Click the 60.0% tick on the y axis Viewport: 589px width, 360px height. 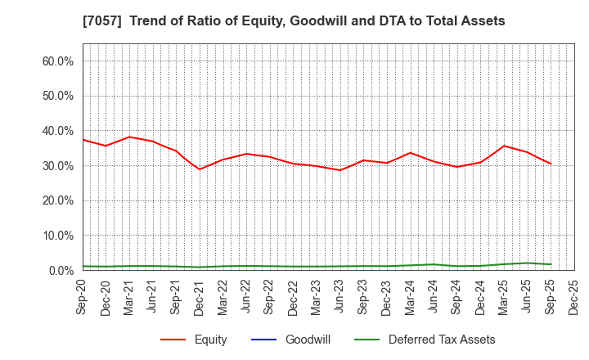[57, 61]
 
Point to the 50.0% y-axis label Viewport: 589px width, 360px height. [57, 96]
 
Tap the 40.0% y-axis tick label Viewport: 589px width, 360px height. [57, 131]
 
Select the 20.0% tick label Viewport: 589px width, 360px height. [57, 200]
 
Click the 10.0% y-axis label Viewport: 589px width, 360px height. [57, 236]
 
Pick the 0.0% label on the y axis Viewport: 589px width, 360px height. [61, 270]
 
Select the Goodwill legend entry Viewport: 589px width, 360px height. [308, 340]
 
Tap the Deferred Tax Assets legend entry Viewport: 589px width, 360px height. [442, 340]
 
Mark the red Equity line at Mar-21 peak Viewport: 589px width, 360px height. [129, 137]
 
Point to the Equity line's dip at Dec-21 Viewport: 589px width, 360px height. [200, 169]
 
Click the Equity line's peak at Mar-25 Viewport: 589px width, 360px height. [504, 146]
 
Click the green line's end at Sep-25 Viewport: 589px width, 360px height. [551, 264]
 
